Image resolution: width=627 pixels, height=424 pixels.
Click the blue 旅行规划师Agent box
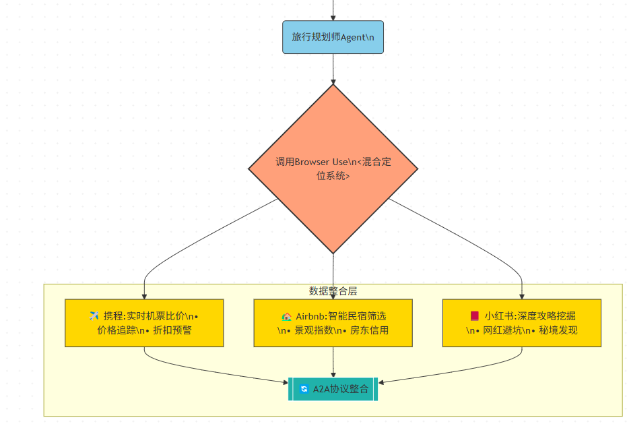pyautogui.click(x=333, y=37)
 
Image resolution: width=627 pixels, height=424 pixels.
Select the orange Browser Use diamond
pyautogui.click(x=333, y=169)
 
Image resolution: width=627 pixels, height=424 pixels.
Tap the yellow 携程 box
pyautogui.click(x=144, y=323)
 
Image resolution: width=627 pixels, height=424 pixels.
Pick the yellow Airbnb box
pyautogui.click(x=333, y=323)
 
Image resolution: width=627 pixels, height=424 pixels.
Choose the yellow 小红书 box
pyautogui.click(x=521, y=323)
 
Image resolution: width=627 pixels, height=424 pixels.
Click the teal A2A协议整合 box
pyautogui.click(x=333, y=389)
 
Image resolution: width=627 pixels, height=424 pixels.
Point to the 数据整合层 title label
pyautogui.click(x=333, y=291)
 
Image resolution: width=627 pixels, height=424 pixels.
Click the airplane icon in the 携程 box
pyautogui.click(x=94, y=315)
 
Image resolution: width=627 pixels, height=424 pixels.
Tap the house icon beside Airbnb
pyautogui.click(x=286, y=315)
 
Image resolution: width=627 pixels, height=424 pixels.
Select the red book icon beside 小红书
pyautogui.click(x=474, y=315)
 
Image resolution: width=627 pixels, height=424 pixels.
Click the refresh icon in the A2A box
pyautogui.click(x=304, y=389)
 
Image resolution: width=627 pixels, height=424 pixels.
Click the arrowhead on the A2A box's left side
pyautogui.click(x=285, y=383)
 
